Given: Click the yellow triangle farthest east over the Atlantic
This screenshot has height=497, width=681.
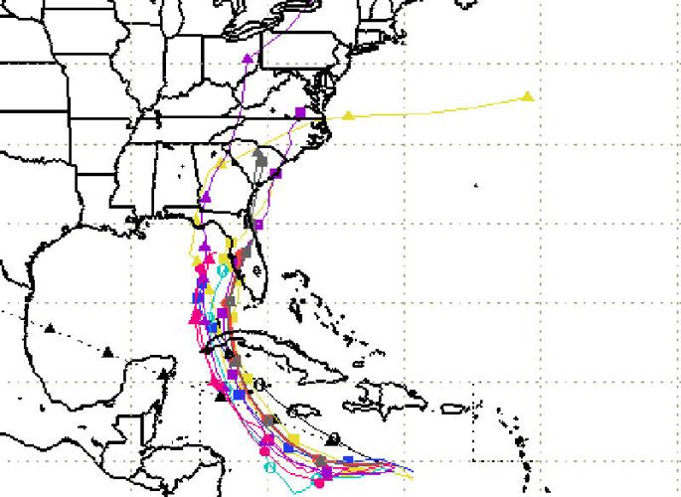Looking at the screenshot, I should pos(528,96).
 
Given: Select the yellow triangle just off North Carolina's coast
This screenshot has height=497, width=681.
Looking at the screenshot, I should pos(348,115).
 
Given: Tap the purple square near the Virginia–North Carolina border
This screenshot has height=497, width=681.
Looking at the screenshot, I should pos(299,111).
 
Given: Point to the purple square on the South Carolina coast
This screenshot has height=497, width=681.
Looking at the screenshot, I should pos(275,174).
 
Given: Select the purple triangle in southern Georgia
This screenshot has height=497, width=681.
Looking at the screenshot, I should pos(206,198).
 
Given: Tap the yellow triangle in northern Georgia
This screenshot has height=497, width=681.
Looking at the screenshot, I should pos(224,162).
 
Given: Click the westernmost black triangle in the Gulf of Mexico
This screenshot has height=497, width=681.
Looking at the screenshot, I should pos(49,327).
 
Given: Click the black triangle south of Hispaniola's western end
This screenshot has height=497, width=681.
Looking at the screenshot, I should pos(333,438).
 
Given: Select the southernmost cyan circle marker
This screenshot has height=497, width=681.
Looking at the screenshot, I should pos(267,467).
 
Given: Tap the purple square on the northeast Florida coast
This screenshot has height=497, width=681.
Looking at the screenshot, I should pos(257,225).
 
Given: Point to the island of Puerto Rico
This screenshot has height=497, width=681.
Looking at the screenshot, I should pos(451,408).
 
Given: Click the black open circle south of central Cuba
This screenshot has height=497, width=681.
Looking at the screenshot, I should pos(258,384).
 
